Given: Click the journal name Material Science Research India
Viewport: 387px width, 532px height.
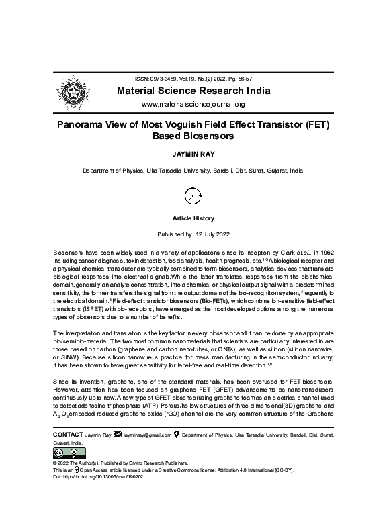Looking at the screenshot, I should (x=193, y=91).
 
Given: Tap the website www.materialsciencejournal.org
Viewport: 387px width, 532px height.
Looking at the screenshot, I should (x=193, y=105).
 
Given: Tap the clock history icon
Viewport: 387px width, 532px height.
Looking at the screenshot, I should (x=193, y=195).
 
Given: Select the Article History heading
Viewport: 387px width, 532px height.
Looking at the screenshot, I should (x=193, y=218).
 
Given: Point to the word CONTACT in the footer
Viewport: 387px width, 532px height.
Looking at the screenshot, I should (x=67, y=435).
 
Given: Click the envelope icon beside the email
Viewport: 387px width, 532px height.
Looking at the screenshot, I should (x=119, y=435).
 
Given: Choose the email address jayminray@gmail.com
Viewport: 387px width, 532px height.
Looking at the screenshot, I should (x=148, y=435).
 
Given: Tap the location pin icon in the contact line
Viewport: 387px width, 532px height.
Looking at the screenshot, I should (x=177, y=435).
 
